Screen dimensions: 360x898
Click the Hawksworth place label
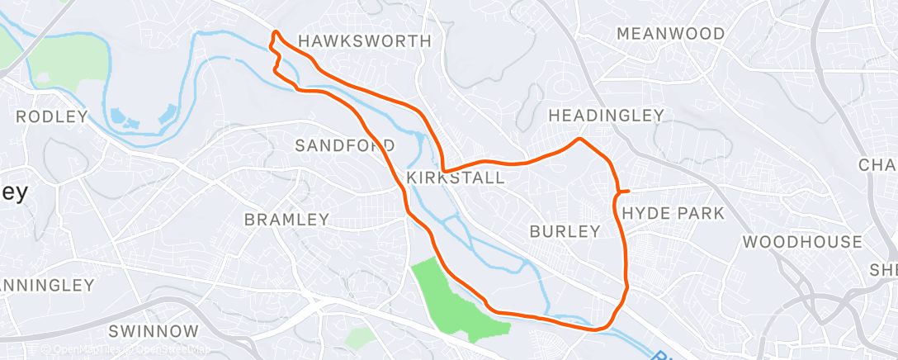pos(364,40)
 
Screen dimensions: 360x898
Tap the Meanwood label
pos(670,34)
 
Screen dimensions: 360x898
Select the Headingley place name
pos(606,115)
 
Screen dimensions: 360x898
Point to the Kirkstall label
pos(456,178)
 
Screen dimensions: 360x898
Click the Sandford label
pos(345,145)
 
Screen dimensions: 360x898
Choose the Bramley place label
pos(286,220)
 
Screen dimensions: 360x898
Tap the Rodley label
pos(51,116)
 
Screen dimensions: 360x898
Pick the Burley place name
pos(565,231)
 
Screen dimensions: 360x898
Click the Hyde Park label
pos(673,213)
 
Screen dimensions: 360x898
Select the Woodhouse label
pos(802,242)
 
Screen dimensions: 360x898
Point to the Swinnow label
pos(154,331)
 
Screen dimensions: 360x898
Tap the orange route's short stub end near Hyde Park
pos(628,192)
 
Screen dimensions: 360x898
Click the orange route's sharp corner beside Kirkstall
pos(443,170)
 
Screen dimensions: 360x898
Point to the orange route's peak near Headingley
pos(580,139)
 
